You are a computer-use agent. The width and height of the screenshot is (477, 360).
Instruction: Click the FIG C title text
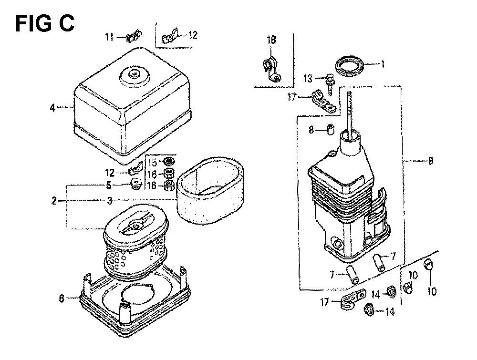tap(45, 24)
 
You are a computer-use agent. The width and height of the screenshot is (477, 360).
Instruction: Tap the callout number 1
tap(383, 64)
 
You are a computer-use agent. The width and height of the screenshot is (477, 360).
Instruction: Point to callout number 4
tap(52, 107)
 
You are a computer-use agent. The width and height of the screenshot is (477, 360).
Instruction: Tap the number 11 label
tap(110, 37)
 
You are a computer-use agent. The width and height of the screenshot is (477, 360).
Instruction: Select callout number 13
tap(308, 79)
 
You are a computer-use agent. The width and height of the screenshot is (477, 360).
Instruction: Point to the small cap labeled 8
tap(331, 129)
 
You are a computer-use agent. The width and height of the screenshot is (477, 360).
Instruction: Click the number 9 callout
tap(430, 161)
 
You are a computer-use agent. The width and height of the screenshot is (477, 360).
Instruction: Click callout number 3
tap(110, 201)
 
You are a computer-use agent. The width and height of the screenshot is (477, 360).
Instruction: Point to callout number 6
tap(62, 298)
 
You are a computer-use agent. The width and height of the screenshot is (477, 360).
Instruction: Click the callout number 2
tap(54, 201)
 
